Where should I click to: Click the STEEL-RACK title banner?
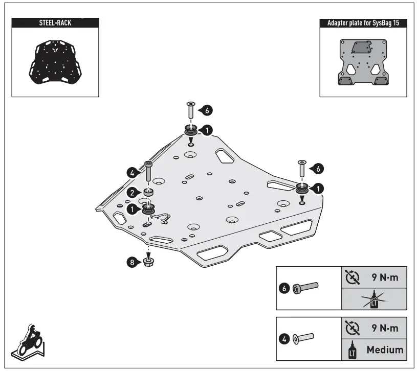55,23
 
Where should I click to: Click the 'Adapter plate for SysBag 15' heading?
363,24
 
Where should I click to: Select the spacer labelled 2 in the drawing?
149,193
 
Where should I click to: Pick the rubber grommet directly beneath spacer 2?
149,209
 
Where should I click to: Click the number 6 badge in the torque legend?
286,288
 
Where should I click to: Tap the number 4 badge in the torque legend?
286,338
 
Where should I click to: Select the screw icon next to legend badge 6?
306,288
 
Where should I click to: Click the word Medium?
384,350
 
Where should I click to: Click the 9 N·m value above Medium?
384,327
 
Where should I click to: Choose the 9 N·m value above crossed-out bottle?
384,277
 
